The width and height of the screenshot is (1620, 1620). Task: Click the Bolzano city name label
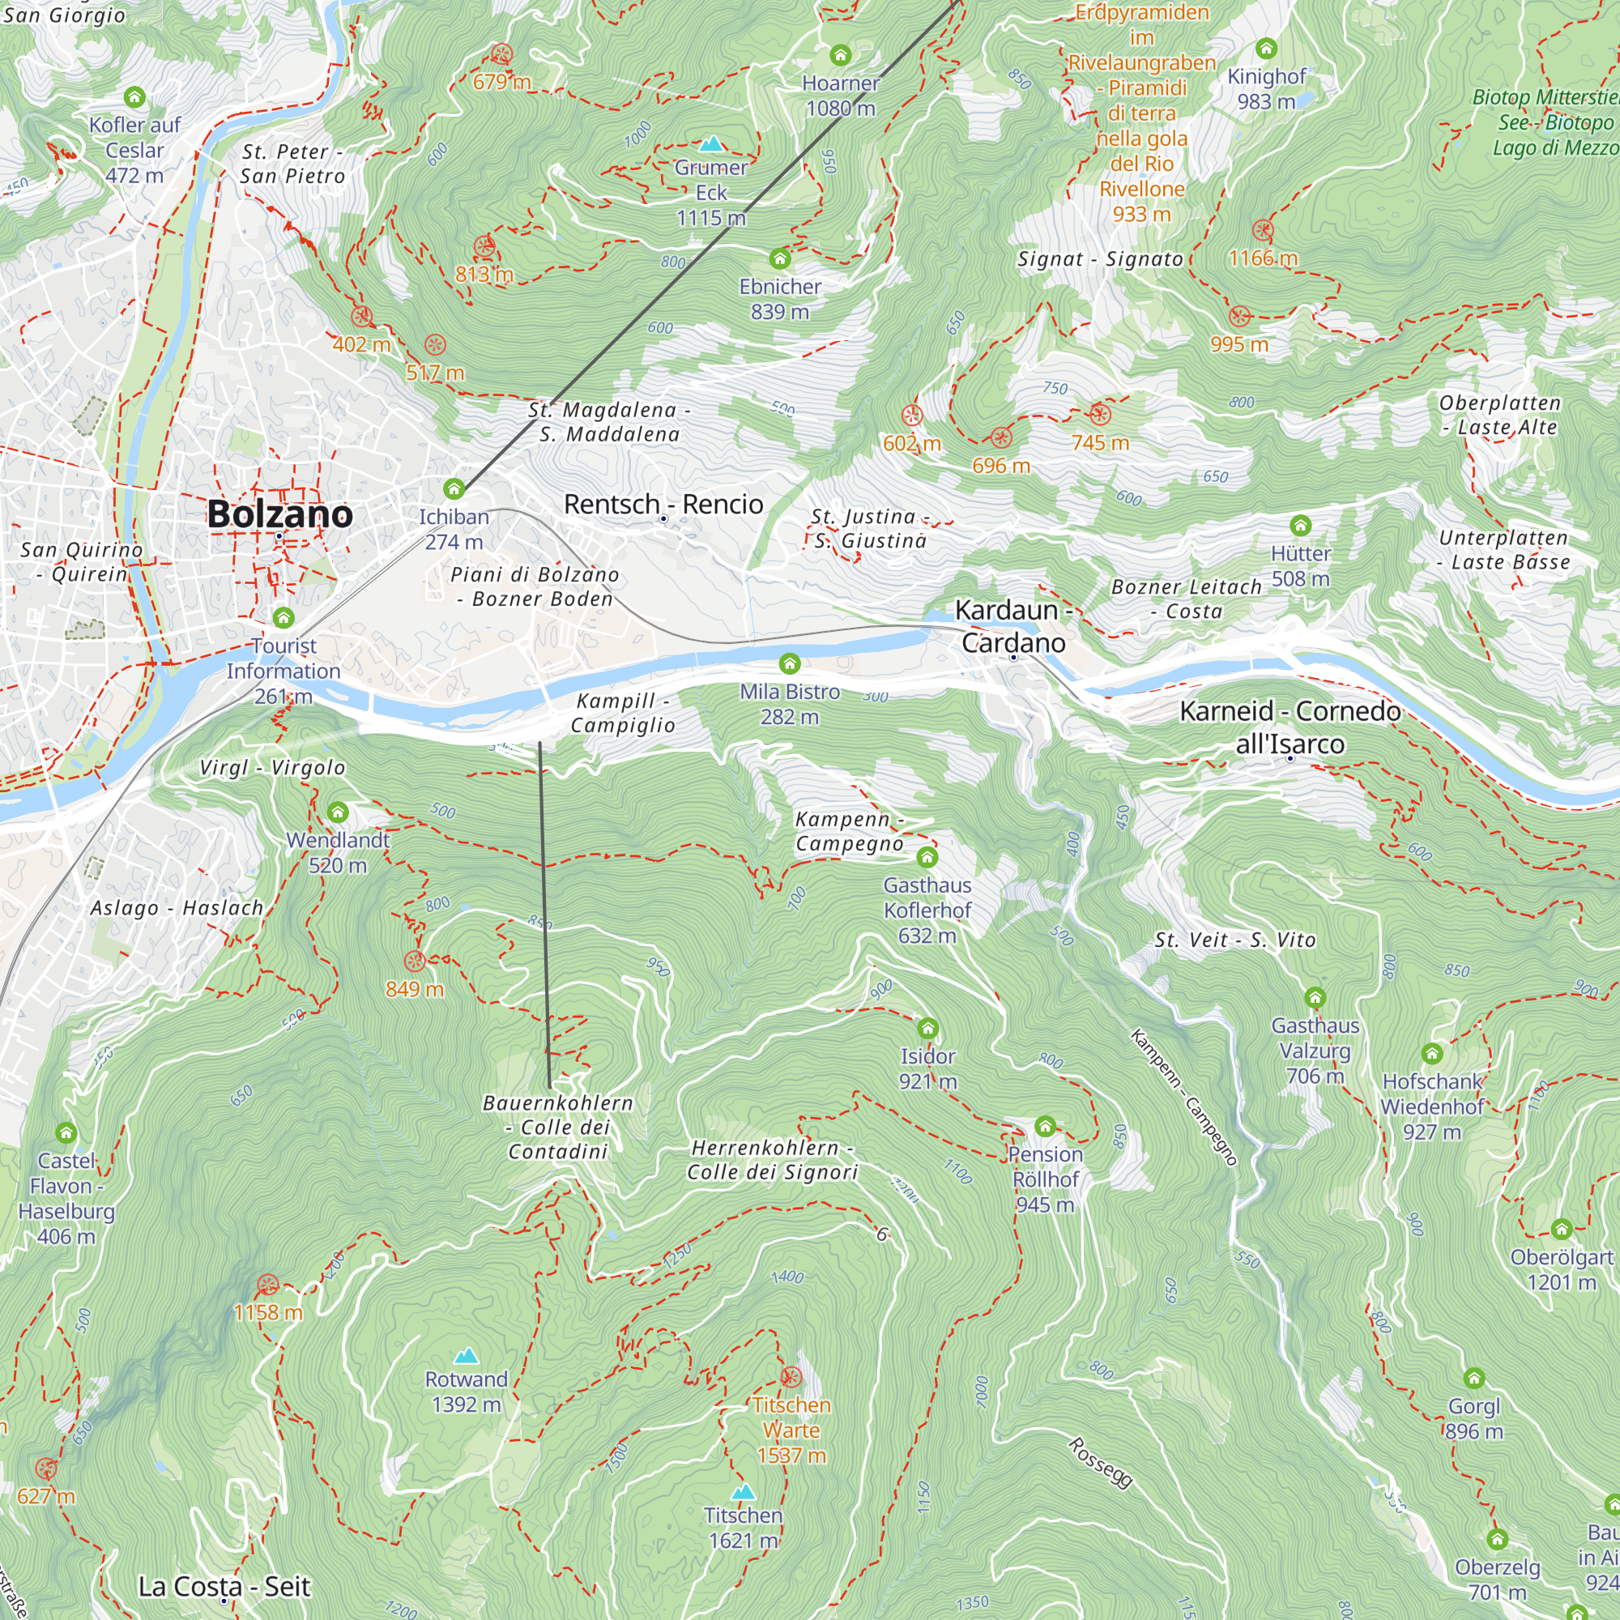pos(279,514)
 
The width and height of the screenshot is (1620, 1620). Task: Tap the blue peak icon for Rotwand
pos(467,1356)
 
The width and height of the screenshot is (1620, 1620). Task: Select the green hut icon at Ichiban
pos(454,489)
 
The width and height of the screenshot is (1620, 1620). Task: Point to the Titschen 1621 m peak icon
pos(743,1492)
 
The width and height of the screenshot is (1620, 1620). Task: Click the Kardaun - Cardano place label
pos(1013,626)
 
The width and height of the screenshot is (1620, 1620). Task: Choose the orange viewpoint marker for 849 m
pos(414,961)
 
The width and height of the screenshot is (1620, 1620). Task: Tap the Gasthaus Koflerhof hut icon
pos(927,857)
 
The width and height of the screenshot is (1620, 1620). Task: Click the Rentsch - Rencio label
pos(663,504)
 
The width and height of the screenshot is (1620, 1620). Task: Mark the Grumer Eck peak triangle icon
pos(711,143)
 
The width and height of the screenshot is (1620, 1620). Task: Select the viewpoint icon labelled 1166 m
pos(1263,230)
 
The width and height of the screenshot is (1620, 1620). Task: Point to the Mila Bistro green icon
pos(789,664)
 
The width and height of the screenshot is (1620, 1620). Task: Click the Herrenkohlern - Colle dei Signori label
pos(772,1160)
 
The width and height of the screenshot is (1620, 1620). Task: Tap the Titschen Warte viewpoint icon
pos(791,1377)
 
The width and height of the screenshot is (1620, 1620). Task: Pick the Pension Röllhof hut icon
pos(1045,1125)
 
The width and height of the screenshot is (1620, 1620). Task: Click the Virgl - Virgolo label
pos(272,767)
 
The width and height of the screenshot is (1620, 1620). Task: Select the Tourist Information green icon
pos(283,618)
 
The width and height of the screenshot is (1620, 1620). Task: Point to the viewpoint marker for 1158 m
pos(267,1285)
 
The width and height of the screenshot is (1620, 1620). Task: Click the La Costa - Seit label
pos(224,1587)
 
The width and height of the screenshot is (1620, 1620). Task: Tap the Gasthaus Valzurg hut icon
pos(1315,998)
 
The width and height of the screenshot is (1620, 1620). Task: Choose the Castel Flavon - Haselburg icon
pos(66,1134)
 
